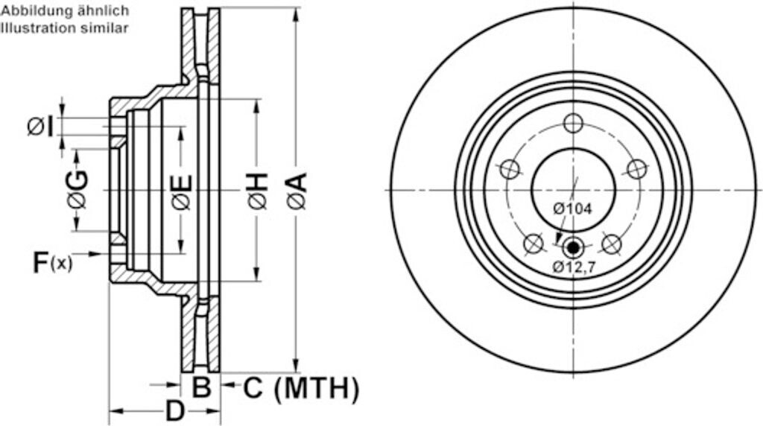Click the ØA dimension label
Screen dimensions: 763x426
[297, 191]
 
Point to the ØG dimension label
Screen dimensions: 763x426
[77, 190]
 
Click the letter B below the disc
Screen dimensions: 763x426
[201, 388]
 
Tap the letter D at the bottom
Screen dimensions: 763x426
[174, 410]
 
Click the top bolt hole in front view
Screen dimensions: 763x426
[572, 123]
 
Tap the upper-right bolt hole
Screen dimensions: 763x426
[636, 169]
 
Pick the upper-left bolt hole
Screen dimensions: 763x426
[510, 169]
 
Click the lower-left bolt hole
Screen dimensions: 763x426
[534, 243]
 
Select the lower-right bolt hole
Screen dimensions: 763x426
[611, 243]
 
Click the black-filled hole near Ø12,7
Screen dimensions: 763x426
[572, 247]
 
